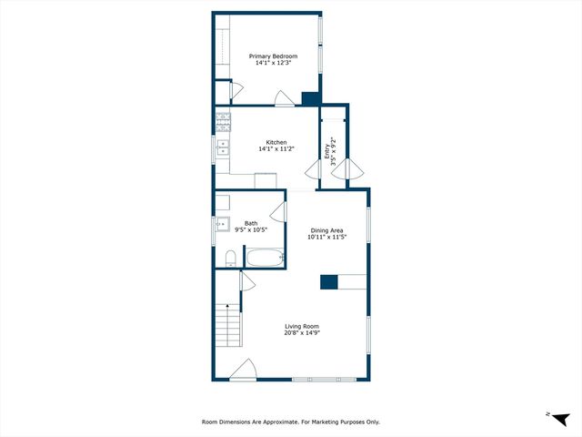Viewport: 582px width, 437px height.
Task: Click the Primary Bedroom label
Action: [274, 56]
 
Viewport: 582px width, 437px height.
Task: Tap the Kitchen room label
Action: [276, 142]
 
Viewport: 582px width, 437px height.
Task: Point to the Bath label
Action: [250, 223]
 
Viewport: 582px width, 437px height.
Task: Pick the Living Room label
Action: [302, 326]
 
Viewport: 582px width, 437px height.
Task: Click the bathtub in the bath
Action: [265, 259]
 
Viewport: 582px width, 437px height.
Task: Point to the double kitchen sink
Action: [223, 148]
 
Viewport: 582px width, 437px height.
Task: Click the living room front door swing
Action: [244, 370]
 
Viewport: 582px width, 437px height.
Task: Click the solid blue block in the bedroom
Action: [310, 99]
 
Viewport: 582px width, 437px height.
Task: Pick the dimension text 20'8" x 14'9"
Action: [302, 333]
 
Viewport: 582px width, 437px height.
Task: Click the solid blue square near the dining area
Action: [329, 282]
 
